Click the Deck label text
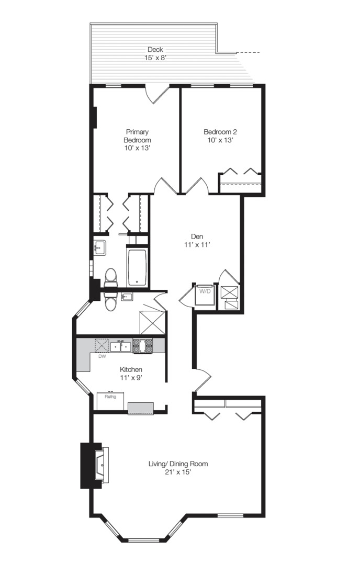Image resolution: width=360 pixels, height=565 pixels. click(x=155, y=50)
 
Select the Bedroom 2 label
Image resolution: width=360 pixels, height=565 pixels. click(x=218, y=132)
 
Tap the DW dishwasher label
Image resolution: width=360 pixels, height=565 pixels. click(x=102, y=357)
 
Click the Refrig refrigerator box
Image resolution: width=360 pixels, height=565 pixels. click(x=110, y=401)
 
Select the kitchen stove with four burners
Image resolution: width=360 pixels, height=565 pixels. click(x=142, y=346)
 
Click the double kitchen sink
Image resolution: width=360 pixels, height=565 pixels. click(x=120, y=346)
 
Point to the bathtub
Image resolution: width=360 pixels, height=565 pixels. click(x=137, y=267)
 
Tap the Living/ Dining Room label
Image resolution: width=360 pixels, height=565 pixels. click(x=178, y=464)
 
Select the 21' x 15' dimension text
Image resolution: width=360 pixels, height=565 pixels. click(x=178, y=472)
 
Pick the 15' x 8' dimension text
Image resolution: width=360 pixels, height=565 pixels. click(x=155, y=58)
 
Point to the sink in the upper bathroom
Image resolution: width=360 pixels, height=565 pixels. click(x=99, y=247)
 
